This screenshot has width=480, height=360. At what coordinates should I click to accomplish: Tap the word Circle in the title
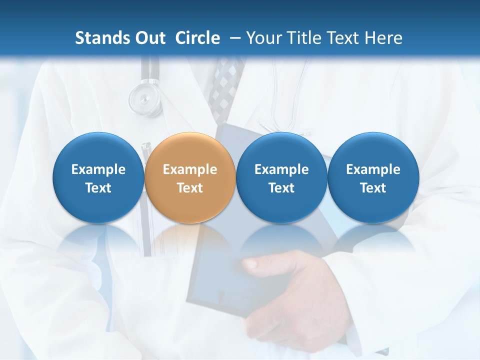click(x=197, y=38)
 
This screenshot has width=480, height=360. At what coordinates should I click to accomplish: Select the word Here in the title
click(x=384, y=38)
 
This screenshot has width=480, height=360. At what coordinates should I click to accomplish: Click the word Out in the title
click(x=149, y=38)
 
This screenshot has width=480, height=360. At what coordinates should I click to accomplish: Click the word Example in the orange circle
click(x=190, y=169)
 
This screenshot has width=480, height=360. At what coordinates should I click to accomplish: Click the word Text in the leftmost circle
click(x=98, y=188)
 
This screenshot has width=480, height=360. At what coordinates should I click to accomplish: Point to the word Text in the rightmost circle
click(x=373, y=188)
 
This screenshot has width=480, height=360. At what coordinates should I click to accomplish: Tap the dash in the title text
click(x=234, y=38)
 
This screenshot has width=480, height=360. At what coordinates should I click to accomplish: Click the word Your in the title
click(x=262, y=38)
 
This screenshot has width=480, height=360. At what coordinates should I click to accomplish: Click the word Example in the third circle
click(x=281, y=169)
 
